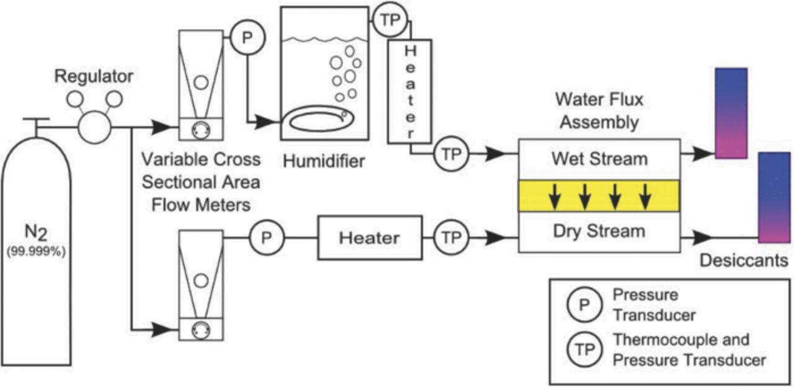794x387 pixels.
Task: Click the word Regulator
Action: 94,77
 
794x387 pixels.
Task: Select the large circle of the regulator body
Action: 94,128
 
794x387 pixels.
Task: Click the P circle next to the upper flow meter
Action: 247,38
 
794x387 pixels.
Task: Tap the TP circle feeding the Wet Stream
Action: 451,153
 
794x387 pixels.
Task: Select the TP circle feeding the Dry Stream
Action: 451,237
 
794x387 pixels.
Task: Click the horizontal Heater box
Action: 370,237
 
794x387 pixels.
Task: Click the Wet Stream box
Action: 599,159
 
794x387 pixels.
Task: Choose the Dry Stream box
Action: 599,232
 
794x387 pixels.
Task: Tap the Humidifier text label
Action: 324,162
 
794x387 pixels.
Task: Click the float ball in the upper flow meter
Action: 200,82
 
